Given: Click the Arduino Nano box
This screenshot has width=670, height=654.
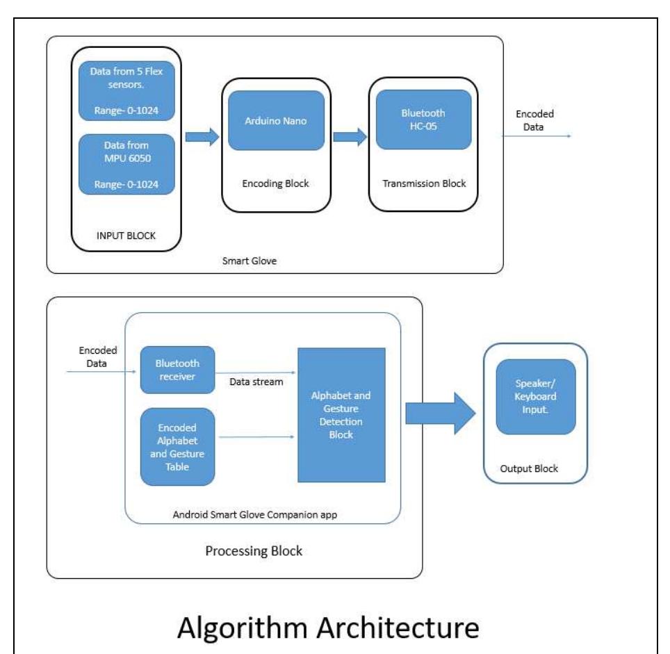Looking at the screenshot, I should (x=277, y=120).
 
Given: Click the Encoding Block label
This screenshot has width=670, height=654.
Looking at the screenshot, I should (x=277, y=184).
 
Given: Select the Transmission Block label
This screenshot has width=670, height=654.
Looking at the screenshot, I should (x=424, y=183).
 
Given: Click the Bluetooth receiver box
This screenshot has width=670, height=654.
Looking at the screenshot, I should (x=177, y=370).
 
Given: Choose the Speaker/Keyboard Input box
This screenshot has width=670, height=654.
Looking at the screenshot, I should (x=535, y=396).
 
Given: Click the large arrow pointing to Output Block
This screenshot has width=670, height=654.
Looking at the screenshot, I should (x=439, y=414).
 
